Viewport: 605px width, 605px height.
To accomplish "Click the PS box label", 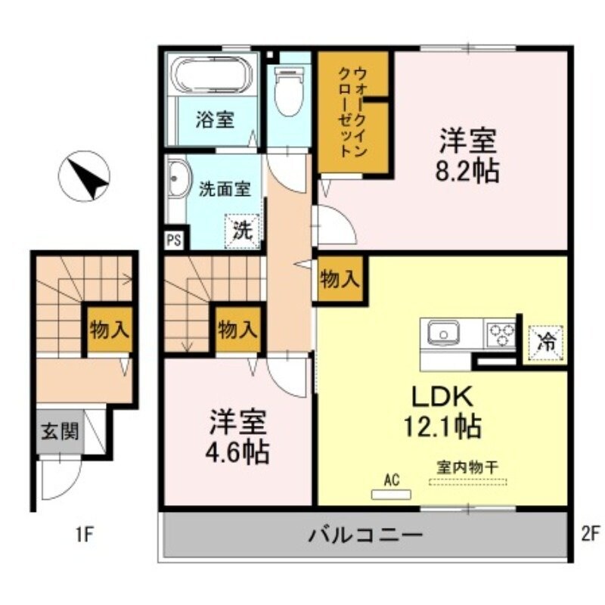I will (x=173, y=240).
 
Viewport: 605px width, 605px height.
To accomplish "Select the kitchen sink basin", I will (x=443, y=332).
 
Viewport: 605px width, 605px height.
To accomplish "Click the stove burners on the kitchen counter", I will (x=501, y=333).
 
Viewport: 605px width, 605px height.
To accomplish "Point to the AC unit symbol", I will (x=391, y=494).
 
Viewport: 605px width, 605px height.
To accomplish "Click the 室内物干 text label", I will (x=467, y=467).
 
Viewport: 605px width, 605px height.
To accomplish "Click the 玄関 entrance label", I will (x=58, y=431).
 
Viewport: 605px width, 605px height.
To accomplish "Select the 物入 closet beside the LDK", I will (x=340, y=279).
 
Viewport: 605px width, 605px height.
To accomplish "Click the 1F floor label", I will (x=83, y=535).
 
